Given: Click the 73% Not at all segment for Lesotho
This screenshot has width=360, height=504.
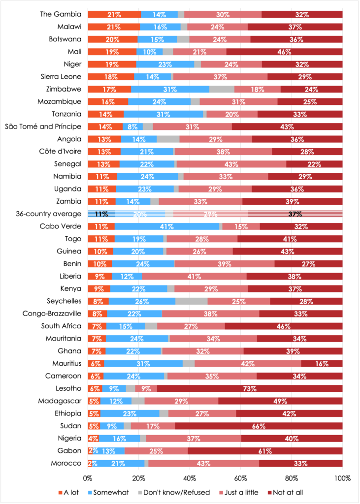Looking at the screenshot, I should pos(250,388).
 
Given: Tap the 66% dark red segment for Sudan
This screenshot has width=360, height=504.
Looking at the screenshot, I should pos(259,426).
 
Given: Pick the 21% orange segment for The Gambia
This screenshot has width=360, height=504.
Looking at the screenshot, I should pos(114,14).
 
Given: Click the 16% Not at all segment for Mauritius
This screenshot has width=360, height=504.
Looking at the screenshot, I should pos(322,363).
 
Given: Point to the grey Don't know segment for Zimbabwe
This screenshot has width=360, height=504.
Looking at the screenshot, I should pos(222,89).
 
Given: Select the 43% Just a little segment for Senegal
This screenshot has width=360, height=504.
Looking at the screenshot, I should pos(231,164).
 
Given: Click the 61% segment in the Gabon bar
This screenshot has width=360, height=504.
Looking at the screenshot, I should pos(265,451).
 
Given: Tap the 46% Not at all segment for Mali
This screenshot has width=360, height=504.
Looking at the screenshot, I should pos(284,52).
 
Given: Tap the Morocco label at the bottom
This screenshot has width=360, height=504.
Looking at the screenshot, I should pos(66,463).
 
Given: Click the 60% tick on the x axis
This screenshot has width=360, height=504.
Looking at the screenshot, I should pos(241,478).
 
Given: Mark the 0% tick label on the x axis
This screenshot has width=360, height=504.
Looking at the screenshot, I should pos(88,478).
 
